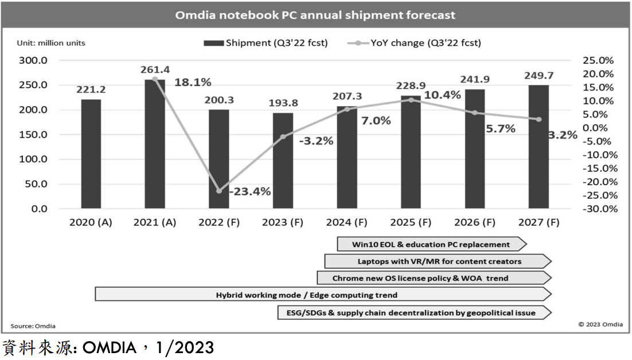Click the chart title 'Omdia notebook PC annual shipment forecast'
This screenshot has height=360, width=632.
(x=315, y=15)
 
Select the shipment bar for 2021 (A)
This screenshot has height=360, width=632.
(x=155, y=143)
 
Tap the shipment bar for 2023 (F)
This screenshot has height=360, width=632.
(x=283, y=161)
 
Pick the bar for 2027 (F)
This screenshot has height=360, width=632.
(x=539, y=147)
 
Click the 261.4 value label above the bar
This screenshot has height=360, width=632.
(x=155, y=69)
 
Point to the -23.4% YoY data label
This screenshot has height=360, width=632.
(x=249, y=192)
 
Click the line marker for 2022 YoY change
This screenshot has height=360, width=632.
(x=219, y=191)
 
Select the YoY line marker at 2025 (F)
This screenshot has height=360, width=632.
(x=411, y=100)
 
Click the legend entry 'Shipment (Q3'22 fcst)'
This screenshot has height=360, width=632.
(x=266, y=43)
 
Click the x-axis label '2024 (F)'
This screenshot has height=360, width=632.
(x=346, y=223)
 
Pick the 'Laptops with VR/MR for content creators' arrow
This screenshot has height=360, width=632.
(x=439, y=261)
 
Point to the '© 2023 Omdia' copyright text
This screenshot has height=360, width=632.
(x=600, y=324)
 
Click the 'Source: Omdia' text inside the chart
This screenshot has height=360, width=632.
(x=33, y=326)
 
